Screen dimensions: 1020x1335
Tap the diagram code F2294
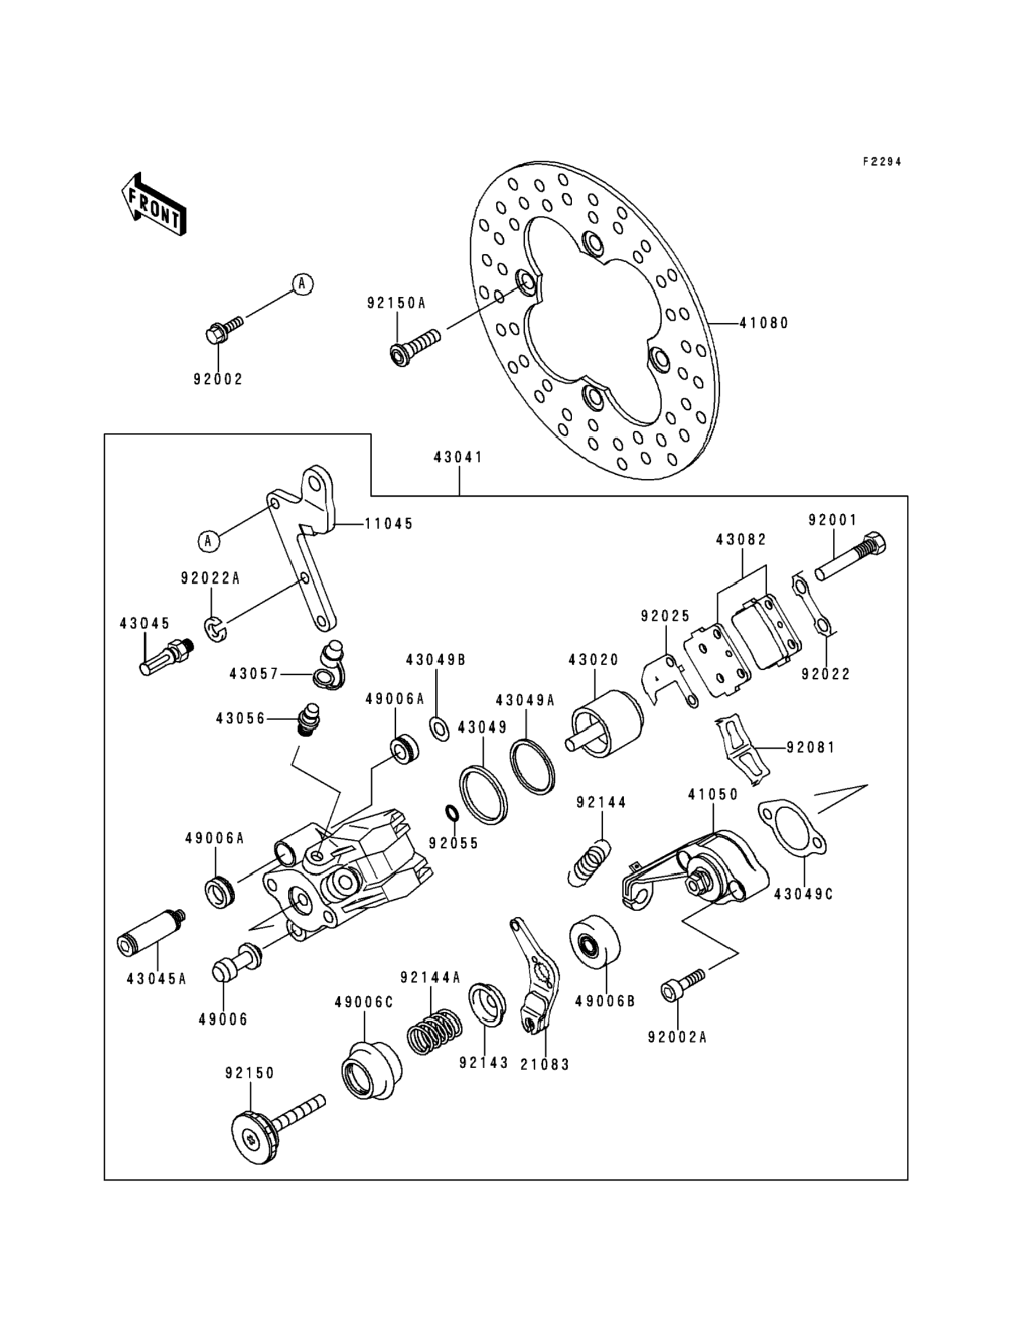882,162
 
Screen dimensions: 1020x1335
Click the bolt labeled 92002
224,328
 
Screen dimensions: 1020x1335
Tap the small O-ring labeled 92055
452,813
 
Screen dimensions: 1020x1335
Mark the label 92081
811,747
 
